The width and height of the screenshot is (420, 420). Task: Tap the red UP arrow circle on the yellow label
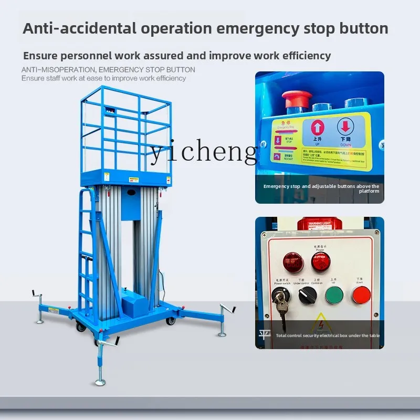tap(317, 128)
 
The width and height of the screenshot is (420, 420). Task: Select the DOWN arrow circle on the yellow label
tap(344, 128)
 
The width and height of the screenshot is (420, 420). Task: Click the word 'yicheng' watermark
tap(204, 152)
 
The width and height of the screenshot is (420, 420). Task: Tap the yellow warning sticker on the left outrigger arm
tap(54, 310)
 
